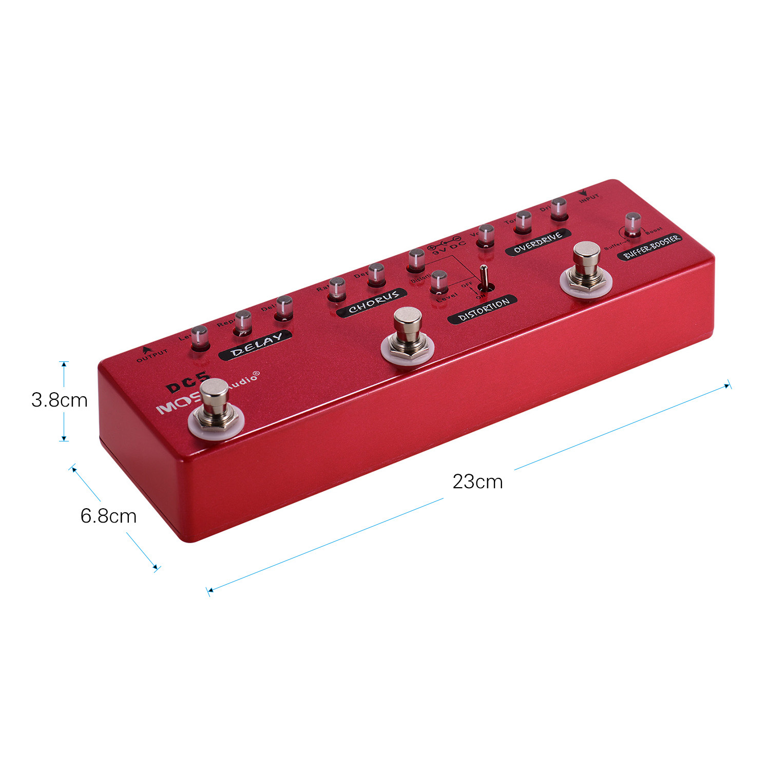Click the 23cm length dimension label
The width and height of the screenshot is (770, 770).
pos(477,482)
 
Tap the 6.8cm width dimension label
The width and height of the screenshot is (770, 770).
pos(108,515)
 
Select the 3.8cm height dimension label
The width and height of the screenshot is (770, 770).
pos(59,400)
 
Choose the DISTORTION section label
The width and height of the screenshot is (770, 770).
pos(483,310)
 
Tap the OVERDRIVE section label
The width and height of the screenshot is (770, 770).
pos(538,241)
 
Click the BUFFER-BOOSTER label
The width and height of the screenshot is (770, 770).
pos(650,247)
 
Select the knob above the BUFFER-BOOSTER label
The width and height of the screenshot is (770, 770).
pos(632,224)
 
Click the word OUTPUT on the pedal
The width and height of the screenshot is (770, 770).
pos(152,355)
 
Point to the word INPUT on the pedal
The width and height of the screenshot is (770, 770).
pos(589,198)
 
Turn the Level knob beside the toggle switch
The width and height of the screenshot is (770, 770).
pos(438,282)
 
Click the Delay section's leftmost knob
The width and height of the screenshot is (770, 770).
pos(199,337)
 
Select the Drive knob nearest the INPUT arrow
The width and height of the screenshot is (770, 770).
pos(559,209)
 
